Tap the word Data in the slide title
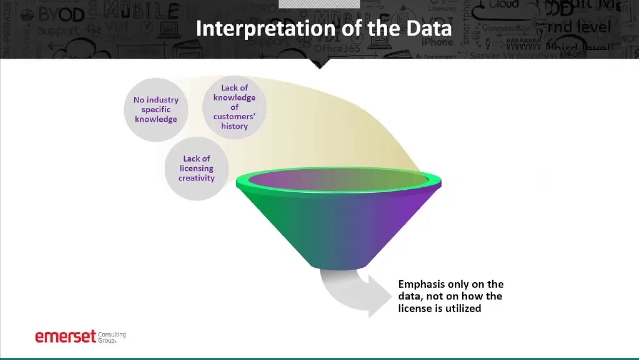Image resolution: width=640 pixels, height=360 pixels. coord(429,29)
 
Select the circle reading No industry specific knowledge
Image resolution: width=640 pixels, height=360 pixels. coord(156,109)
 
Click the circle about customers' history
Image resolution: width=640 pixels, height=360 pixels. coord(234,107)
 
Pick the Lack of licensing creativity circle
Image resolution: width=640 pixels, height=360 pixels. coord(196,168)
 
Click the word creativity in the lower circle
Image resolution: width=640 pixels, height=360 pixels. coord(196,178)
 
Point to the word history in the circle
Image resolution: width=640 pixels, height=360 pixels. coord(234,126)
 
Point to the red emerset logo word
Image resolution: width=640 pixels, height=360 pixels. coord(65,336)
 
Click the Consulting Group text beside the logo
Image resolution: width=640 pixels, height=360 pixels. coord(112,337)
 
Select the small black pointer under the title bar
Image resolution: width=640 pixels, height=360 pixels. coord(320,64)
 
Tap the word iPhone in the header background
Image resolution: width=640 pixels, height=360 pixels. coord(437,42)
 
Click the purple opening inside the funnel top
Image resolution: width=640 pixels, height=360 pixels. coord(338,180)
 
